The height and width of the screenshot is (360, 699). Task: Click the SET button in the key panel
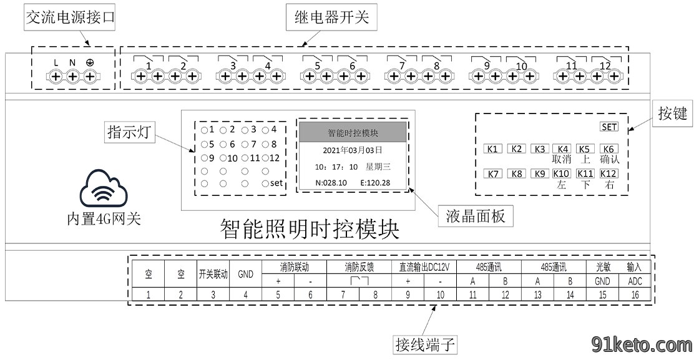pos(609,127)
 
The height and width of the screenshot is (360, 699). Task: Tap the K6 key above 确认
pos(609,149)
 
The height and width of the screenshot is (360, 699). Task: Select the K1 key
pos(492,149)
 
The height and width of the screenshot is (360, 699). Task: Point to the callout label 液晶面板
pos(476,216)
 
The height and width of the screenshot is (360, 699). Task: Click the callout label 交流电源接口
pos(71,17)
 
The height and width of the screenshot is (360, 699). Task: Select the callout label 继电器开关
pos(331,17)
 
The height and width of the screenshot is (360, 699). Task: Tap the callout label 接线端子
pos(425,344)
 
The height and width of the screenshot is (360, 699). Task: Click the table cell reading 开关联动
pos(213,274)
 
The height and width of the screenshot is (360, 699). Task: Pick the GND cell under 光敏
pos(602,281)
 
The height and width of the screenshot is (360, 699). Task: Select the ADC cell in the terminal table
pos(635,281)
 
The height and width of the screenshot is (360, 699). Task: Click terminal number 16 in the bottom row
pos(635,294)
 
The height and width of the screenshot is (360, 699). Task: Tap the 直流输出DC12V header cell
pos(424,267)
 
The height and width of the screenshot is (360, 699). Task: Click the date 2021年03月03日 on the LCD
pos(353,150)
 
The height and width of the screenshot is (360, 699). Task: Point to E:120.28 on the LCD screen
pos(375,183)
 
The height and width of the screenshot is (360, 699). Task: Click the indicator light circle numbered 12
pos(266,158)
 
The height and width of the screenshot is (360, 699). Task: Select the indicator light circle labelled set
pos(266,183)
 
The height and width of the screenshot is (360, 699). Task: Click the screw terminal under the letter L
pos(56,77)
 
